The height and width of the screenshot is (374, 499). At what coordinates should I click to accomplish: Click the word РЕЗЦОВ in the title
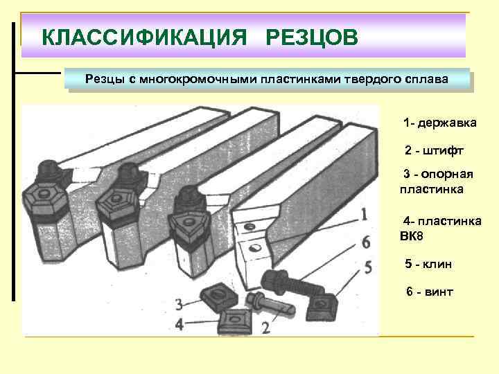(311, 35)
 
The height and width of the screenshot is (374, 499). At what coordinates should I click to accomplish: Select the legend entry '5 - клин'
(430, 265)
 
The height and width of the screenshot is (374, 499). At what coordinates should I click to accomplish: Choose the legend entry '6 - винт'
(430, 292)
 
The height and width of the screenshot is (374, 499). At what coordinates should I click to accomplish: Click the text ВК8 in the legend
(411, 236)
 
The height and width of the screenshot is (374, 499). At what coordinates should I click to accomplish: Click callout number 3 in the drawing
(180, 304)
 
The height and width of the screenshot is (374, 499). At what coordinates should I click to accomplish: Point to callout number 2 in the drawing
(266, 328)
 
